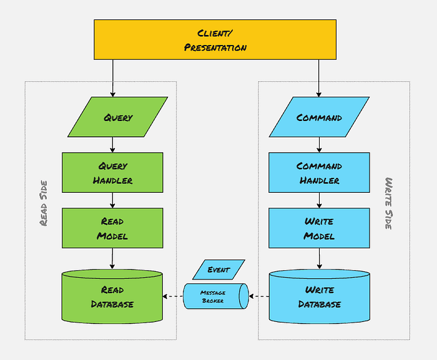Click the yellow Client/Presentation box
click(215, 39)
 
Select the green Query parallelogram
click(118, 117)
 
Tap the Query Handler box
click(112, 173)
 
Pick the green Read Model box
click(112, 228)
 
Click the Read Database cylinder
click(112, 297)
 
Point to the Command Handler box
click(319, 173)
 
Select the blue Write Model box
click(319, 228)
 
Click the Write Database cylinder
click(319, 297)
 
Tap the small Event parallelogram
click(219, 270)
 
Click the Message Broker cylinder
click(214, 296)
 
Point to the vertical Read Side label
click(43, 203)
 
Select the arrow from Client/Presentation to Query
click(112, 78)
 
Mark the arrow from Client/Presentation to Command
click(319, 78)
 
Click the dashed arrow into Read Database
click(173, 296)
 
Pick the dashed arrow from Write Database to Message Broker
click(258, 296)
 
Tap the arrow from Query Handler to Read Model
click(112, 200)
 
